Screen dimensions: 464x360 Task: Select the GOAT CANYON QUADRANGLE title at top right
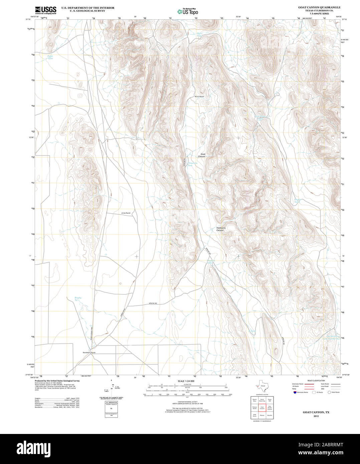click(x=315, y=7)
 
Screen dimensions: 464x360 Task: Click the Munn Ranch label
click(x=199, y=96)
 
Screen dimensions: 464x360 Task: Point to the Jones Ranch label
click(x=126, y=213)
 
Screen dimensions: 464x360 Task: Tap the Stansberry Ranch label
click(x=89, y=353)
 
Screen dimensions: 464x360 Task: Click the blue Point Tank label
click(x=50, y=57)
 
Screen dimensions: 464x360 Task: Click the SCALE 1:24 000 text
click(x=186, y=381)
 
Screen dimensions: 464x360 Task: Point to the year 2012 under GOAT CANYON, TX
click(x=316, y=416)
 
